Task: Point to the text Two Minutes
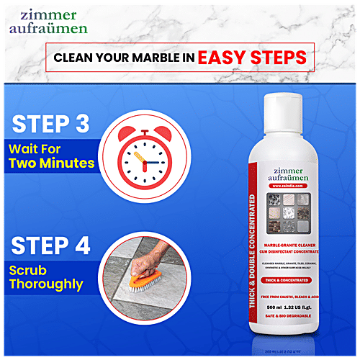[52, 163]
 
